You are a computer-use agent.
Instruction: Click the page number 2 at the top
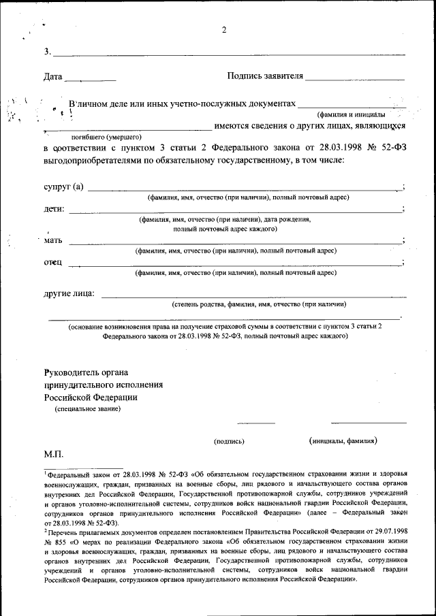pos(223,29)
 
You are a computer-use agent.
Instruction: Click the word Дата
pos(53,76)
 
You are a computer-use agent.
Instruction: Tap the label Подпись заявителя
pos(265,76)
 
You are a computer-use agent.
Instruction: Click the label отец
pos(53,262)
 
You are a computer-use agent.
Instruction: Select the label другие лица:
pos(69,294)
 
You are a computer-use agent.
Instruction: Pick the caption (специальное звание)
pos(88,409)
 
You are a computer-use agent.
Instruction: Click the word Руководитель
pos(76,372)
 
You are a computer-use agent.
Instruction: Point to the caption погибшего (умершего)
pos(106,136)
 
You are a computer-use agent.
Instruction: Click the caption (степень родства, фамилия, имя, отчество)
pos(259,304)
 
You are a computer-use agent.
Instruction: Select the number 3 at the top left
pos(46,52)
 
